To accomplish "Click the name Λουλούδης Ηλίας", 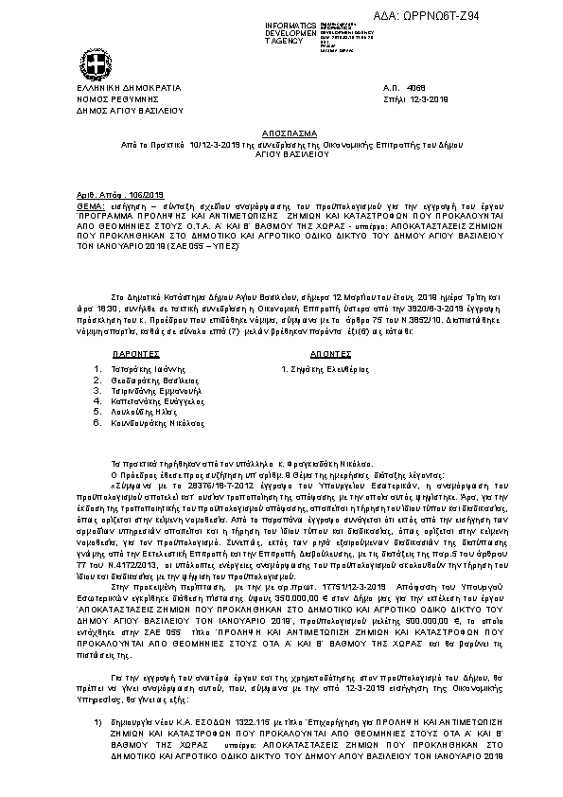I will (150, 412).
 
